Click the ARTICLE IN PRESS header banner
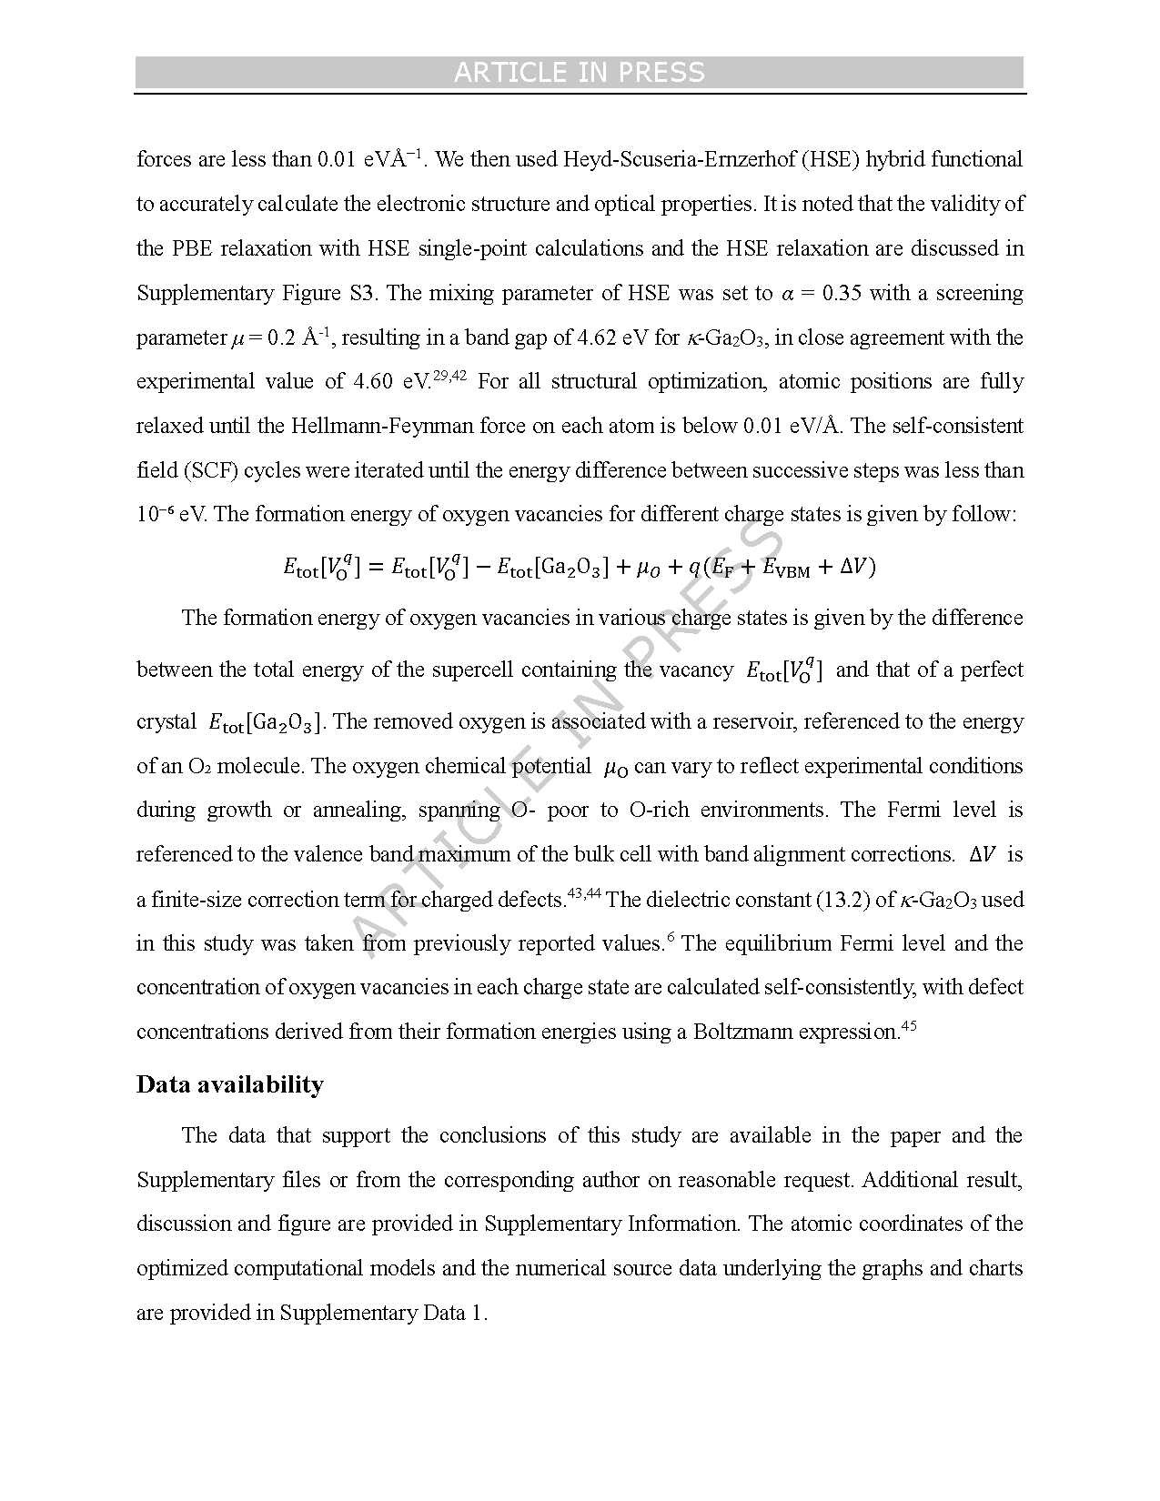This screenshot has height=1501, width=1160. click(x=580, y=73)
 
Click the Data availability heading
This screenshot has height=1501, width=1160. click(x=229, y=1084)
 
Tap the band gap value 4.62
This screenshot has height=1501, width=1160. click(x=599, y=337)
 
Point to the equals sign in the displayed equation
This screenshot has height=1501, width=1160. click(x=376, y=568)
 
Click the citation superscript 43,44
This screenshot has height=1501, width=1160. click(x=584, y=894)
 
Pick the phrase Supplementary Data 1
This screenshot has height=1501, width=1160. click(x=382, y=1313)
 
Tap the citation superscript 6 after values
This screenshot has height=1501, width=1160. click(x=671, y=938)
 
